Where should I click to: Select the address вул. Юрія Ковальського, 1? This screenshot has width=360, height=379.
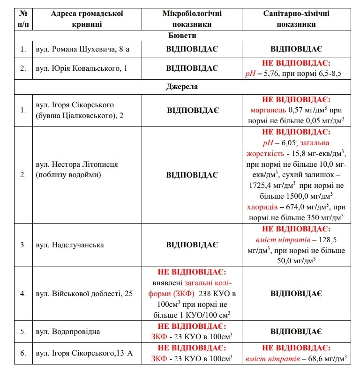tap(81, 68)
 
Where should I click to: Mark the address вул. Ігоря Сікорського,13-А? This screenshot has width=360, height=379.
tap(84, 353)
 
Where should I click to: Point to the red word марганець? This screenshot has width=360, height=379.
tap(268, 110)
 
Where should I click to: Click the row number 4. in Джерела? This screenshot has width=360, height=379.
tap(23, 293)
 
